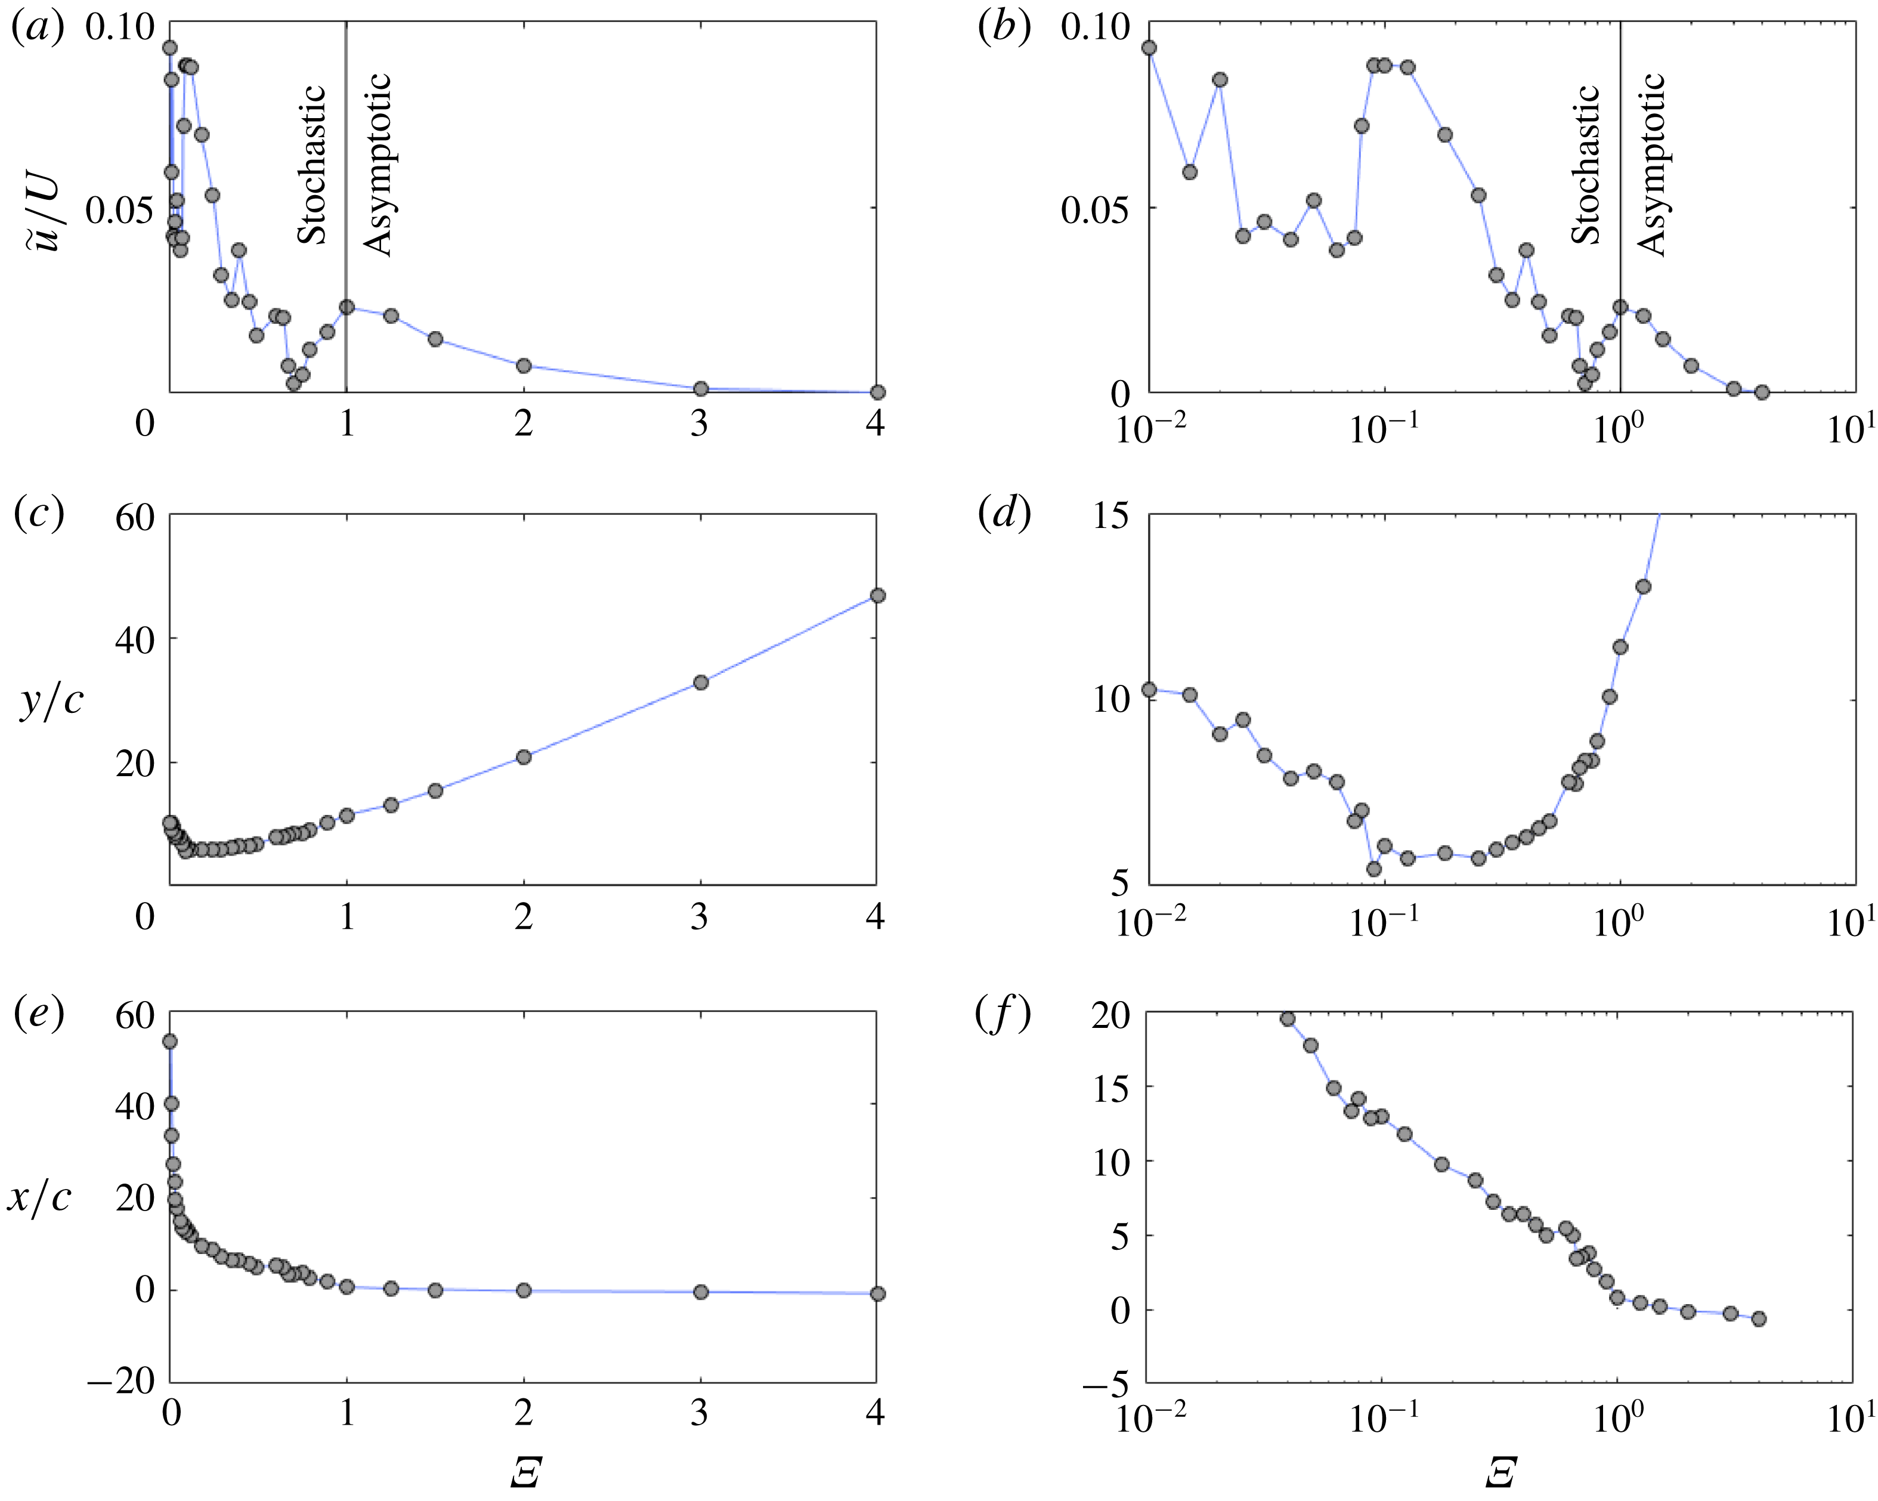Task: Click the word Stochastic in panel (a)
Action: (311, 165)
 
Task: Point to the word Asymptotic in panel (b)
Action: (1651, 165)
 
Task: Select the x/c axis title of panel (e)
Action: (39, 1199)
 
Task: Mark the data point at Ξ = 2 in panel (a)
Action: (524, 366)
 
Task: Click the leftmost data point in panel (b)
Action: (1149, 48)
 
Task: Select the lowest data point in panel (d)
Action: (1373, 869)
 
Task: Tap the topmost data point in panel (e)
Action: (171, 1041)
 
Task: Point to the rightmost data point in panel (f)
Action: (1759, 1319)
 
